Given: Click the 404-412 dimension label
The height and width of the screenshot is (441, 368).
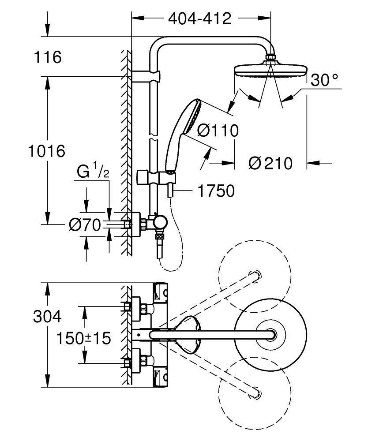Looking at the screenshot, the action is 199,19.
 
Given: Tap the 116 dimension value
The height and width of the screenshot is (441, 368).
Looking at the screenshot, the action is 48,57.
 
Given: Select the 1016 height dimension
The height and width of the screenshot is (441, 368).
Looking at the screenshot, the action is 47,151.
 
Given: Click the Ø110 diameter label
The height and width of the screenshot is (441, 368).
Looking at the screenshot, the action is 218,131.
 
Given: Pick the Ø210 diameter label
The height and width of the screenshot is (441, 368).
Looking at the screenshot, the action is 270,164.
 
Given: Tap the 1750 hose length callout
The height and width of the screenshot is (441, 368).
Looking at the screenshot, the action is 216,191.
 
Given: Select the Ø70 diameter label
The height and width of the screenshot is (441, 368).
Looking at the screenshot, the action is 85,225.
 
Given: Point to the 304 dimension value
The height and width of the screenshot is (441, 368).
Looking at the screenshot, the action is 47,316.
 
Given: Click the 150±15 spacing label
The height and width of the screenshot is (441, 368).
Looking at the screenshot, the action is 84,338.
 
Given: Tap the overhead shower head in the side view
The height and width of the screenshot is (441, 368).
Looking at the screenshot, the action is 270,67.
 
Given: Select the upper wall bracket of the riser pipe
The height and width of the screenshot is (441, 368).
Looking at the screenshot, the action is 146,76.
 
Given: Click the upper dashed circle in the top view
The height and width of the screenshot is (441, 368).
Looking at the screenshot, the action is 255,276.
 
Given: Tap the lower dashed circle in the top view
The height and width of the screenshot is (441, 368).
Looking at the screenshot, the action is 255,393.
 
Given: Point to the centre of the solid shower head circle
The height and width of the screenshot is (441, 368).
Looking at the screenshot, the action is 270,335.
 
